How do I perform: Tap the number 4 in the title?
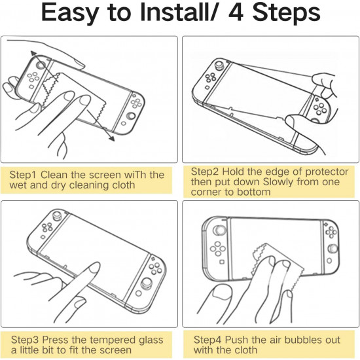[x=236, y=13]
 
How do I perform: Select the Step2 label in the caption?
[x=205, y=171]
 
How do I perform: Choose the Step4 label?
[x=207, y=340]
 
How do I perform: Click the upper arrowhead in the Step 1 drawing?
[x=34, y=54]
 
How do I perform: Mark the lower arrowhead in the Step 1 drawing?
[x=111, y=139]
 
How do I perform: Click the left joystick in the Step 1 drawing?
[x=41, y=65]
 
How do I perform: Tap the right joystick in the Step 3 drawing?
[x=146, y=283]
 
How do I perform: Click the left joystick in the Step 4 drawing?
[x=219, y=230]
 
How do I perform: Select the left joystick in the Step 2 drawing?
[x=218, y=65]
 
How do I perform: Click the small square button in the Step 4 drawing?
[x=222, y=262]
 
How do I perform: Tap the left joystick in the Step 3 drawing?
[x=56, y=215]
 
